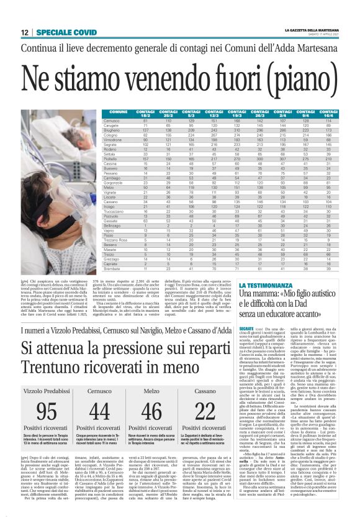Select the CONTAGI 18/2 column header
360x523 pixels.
click(145, 112)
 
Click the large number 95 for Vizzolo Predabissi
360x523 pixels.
click(46, 411)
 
